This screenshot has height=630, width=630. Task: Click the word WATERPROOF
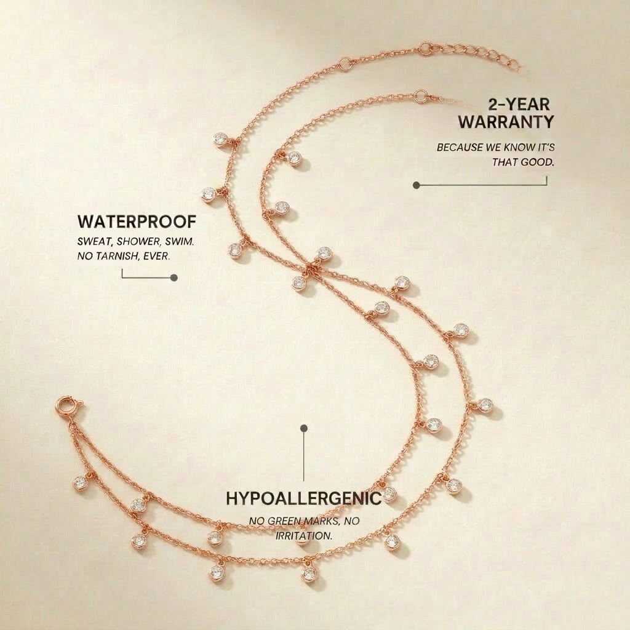[x=137, y=221]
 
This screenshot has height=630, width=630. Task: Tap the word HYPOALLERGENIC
[x=304, y=498]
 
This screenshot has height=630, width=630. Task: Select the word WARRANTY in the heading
[x=506, y=122]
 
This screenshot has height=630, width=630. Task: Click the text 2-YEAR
[x=519, y=105]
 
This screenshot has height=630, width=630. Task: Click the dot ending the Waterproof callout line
[x=174, y=277]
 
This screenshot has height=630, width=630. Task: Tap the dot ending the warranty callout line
[x=417, y=185]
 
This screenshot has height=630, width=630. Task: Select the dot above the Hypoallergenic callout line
[x=304, y=428]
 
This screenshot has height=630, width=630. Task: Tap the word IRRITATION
[x=304, y=536]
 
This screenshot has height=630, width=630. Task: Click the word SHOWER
[x=138, y=241]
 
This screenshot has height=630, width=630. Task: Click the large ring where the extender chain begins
[x=425, y=49]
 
